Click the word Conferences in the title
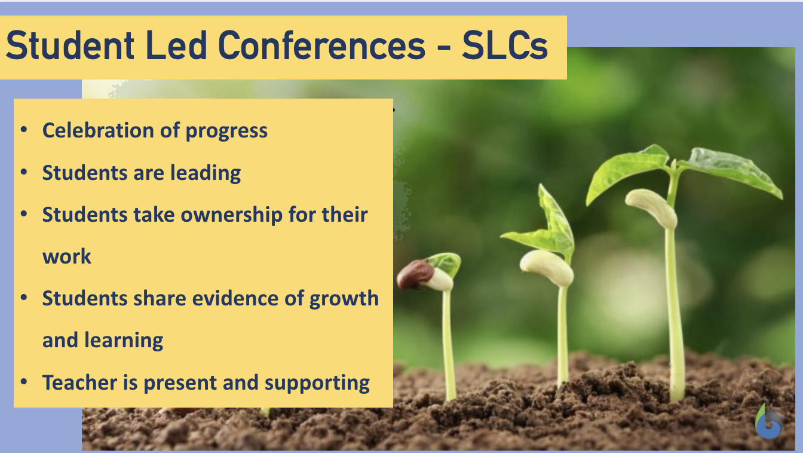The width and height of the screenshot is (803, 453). [321, 45]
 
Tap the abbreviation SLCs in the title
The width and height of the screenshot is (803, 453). [505, 45]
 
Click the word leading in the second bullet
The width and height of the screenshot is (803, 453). [206, 173]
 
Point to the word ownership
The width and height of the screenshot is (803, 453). [232, 215]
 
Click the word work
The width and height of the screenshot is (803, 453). [67, 257]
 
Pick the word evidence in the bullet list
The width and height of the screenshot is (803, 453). [235, 298]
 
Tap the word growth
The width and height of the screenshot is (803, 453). [344, 299]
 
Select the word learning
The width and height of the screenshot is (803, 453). [124, 341]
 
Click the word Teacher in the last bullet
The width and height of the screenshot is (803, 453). [79, 382]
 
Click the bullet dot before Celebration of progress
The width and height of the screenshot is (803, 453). [24, 130]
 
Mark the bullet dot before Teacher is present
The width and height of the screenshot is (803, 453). [24, 382]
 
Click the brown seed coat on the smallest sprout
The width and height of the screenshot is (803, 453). [415, 275]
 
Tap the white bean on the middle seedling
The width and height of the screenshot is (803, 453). [546, 268]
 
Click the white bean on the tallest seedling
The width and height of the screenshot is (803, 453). [652, 208]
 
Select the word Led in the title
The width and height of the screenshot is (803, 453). [176, 45]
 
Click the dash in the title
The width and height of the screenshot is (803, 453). [444, 48]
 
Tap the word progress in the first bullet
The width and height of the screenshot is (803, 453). [226, 131]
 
